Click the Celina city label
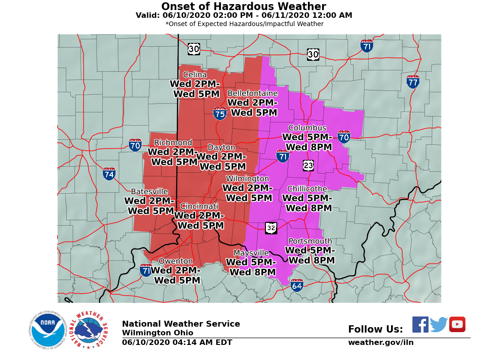(195, 75)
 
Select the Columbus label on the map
(307, 128)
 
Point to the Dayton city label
(222, 148)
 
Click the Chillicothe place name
(307, 189)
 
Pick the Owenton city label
(175, 261)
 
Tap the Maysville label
(251, 253)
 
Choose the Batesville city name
(149, 192)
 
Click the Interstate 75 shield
(220, 113)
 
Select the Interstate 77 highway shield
(413, 82)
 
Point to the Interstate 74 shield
(109, 174)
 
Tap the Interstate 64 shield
(297, 286)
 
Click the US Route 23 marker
(308, 165)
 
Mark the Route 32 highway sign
(271, 228)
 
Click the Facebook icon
(420, 324)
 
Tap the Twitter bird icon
(439, 325)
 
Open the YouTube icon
(457, 324)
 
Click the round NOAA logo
(48, 330)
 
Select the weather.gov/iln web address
(381, 343)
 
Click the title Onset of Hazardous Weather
(243, 6)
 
